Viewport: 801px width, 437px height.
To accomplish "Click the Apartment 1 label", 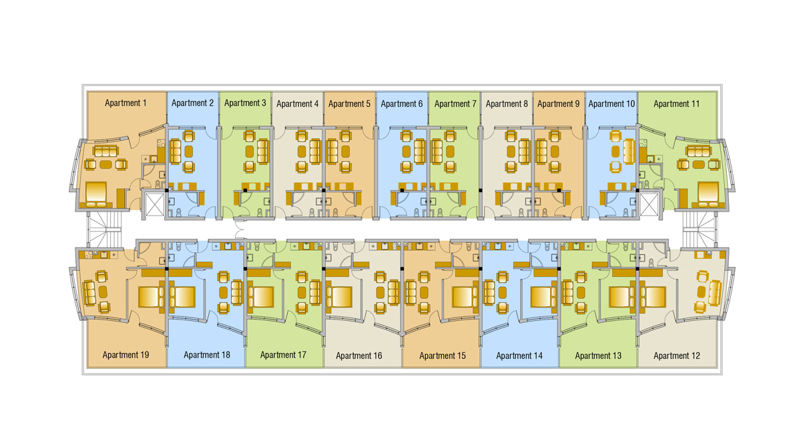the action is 125,103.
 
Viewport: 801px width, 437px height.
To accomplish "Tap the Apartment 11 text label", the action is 677,103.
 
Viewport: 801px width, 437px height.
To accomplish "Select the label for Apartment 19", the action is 125,355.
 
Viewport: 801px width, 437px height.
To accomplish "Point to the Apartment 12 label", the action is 677,356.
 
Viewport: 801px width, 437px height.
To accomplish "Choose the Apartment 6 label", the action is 402,103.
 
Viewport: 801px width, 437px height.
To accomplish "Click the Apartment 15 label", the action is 443,356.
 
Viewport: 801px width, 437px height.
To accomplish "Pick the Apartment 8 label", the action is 507,103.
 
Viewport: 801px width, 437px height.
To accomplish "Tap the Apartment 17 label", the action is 283,355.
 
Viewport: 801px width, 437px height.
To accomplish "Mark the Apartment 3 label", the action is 246,103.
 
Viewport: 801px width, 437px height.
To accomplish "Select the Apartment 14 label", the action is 519,356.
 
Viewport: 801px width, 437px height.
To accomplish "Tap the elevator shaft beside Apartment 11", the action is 649,204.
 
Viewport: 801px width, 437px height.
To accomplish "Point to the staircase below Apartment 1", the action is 105,229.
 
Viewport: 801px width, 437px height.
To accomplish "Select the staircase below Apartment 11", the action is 700,229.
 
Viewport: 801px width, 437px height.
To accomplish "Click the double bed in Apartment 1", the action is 96,195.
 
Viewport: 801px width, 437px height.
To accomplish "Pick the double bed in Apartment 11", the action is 709,195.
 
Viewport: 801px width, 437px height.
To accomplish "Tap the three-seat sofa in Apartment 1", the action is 105,151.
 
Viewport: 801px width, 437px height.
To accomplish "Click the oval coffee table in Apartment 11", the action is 699,165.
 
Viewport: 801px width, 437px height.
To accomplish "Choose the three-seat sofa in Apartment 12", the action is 715,293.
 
